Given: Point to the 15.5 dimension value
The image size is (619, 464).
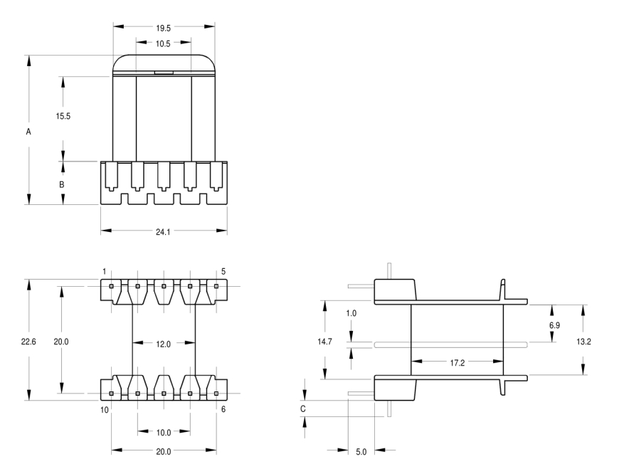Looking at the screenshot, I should click(x=63, y=115).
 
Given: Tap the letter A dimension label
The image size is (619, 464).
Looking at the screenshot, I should click(x=28, y=132).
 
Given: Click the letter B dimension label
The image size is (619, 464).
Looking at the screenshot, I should click(x=62, y=184).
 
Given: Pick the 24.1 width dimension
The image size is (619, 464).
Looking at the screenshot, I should click(x=163, y=231).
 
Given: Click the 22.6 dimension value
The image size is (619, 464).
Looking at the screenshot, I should click(x=29, y=342).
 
